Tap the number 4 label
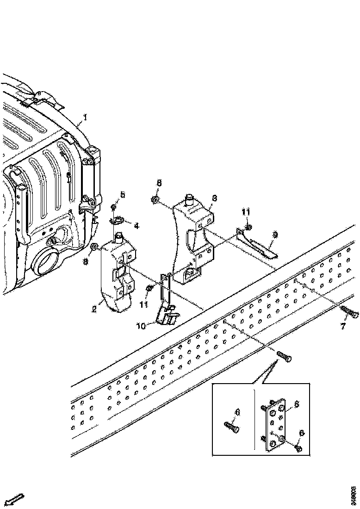137,226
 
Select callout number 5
123,195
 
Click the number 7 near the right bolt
343,326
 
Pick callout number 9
275,235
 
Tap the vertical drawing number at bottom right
353,495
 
